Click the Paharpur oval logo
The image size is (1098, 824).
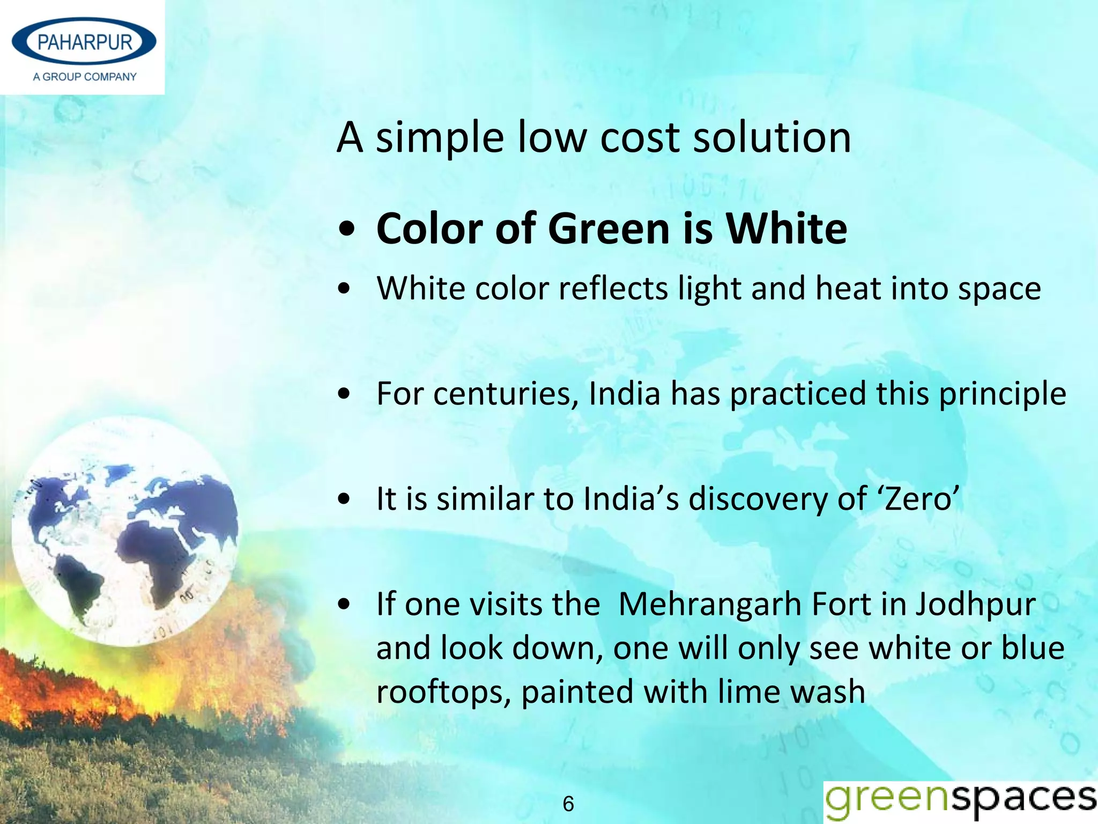[x=84, y=42]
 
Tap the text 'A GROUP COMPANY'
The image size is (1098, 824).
[x=85, y=77]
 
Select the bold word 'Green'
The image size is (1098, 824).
[x=610, y=229]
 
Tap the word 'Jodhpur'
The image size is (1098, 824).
[x=975, y=605]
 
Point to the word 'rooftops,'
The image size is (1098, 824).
[x=443, y=693]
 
